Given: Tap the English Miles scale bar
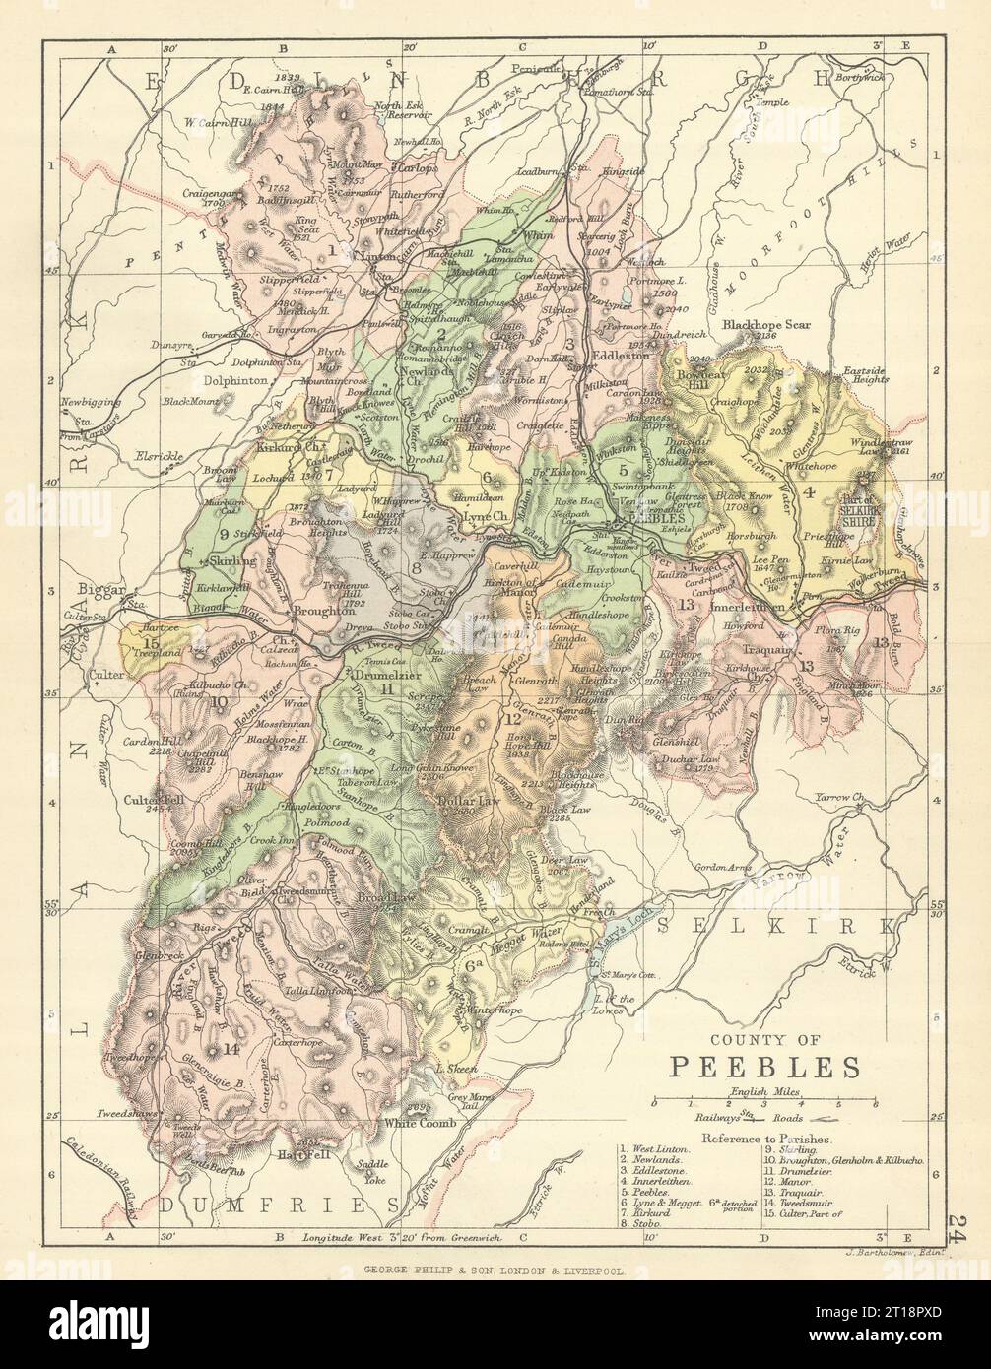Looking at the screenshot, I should pos(764,1103).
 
